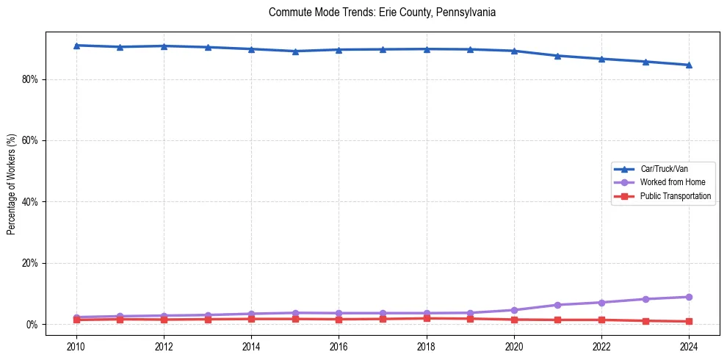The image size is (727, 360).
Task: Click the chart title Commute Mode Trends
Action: (382, 12)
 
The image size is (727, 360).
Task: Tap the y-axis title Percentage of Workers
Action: (11, 184)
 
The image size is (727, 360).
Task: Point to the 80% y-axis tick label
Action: (31, 79)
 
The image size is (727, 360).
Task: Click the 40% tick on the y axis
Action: (31, 201)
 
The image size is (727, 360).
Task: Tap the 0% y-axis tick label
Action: (33, 324)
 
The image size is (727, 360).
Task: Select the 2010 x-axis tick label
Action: (76, 345)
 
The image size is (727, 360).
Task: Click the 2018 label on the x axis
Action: (427, 345)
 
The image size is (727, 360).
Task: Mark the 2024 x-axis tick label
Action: (689, 345)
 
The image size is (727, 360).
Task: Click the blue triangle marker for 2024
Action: (689, 65)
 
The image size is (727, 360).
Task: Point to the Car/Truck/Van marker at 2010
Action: (76, 46)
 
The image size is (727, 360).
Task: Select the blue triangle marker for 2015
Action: (295, 51)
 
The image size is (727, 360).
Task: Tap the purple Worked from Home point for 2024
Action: (689, 297)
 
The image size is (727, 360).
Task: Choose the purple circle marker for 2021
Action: (557, 305)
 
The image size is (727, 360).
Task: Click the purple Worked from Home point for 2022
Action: (601, 303)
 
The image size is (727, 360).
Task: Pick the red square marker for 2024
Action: (689, 321)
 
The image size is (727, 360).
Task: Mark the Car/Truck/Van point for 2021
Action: (557, 56)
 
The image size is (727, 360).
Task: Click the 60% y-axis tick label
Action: (31, 140)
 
